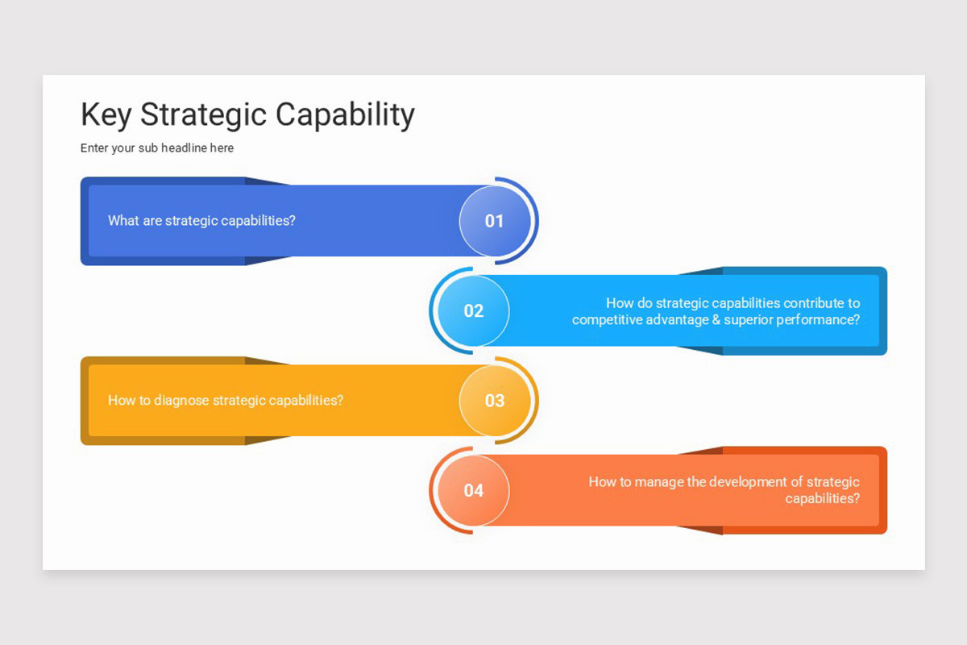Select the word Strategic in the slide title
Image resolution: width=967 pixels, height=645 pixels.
(x=204, y=114)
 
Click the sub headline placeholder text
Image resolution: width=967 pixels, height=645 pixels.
(x=157, y=148)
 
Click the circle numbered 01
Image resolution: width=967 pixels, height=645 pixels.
(x=494, y=221)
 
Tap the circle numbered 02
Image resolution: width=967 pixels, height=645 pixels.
(x=474, y=310)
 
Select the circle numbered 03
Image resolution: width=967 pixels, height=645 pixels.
(x=494, y=401)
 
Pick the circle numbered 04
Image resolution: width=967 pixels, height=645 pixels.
(x=474, y=490)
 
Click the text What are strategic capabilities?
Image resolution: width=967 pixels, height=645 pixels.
(x=201, y=221)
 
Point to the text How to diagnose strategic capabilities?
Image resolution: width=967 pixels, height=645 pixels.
(x=226, y=400)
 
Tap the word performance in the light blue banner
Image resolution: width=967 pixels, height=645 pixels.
(x=818, y=320)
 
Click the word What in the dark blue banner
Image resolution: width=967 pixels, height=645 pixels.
(x=123, y=221)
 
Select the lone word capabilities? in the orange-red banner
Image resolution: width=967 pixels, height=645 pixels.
(x=822, y=499)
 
